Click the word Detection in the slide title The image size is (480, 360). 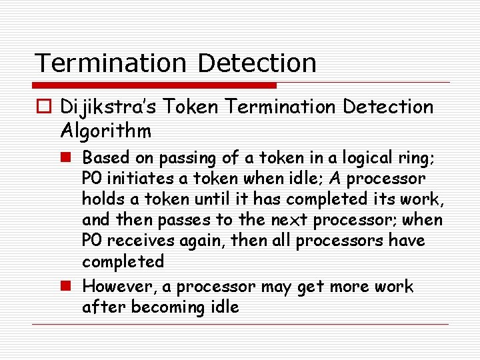(x=257, y=63)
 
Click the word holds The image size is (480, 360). (x=100, y=199)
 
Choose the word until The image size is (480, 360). (x=198, y=199)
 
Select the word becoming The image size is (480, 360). (x=164, y=308)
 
